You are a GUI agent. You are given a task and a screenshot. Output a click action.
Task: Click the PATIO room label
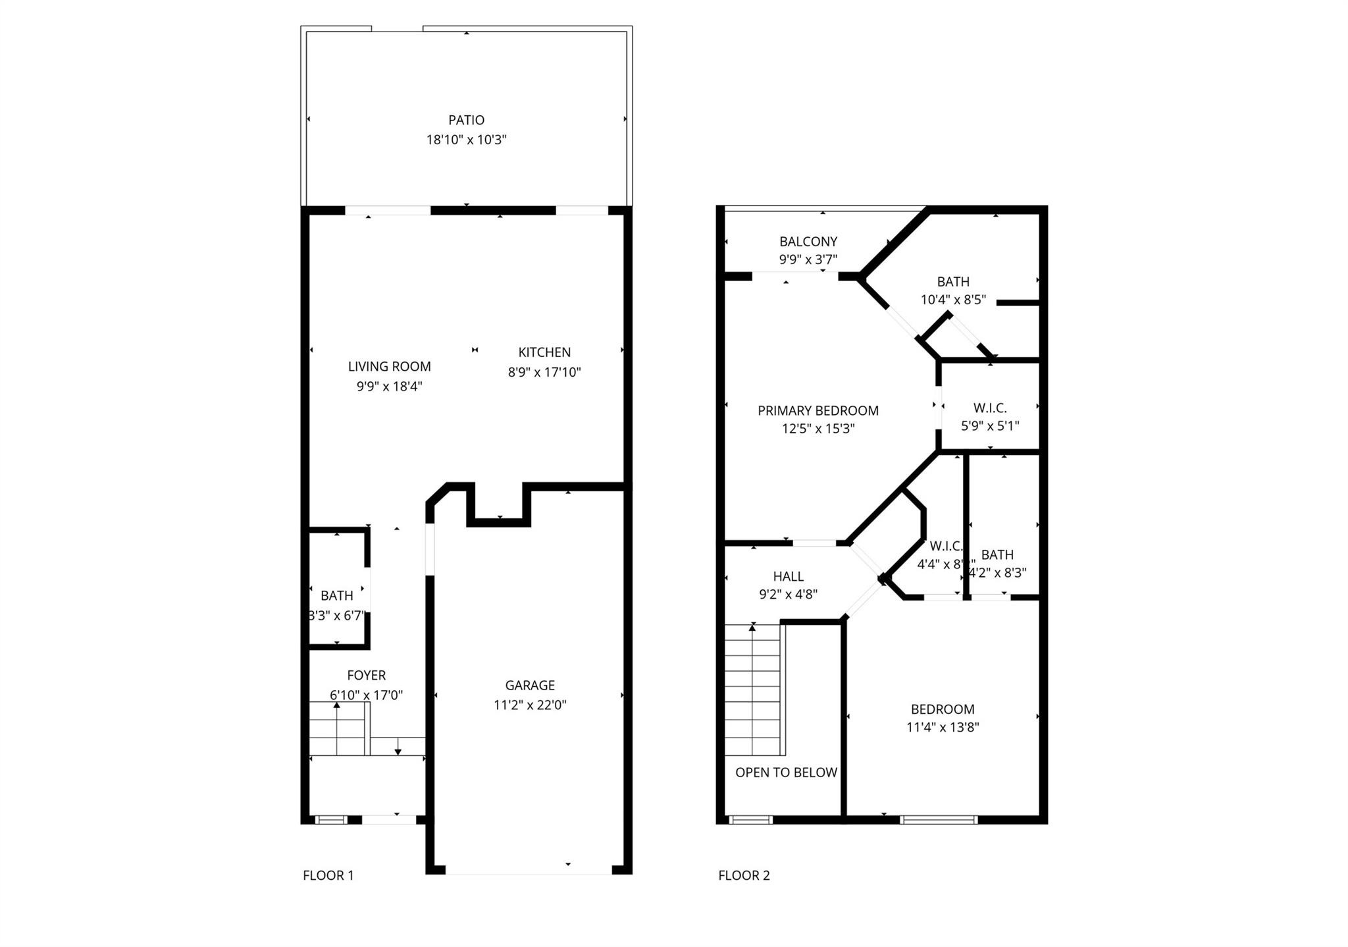coord(466,120)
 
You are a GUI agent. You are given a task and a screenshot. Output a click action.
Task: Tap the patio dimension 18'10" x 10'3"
coord(466,140)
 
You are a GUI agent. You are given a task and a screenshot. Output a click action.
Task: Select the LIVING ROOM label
coord(389,367)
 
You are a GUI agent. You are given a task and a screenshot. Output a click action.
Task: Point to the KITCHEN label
coord(544,352)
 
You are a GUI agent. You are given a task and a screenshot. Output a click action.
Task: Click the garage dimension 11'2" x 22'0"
coord(530,705)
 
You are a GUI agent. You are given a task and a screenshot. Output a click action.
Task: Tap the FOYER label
coord(366,675)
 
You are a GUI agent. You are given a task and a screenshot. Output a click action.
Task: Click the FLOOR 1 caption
coord(328,875)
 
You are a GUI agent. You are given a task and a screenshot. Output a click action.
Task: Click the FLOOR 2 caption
coord(744,875)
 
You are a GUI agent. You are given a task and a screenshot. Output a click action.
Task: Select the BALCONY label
coord(808,242)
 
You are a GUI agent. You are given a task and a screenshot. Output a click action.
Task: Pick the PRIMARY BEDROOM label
coord(817,411)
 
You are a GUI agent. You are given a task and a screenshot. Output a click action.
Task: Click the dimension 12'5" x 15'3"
coord(817,429)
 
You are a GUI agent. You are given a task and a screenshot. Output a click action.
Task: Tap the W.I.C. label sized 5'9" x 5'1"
coord(990,408)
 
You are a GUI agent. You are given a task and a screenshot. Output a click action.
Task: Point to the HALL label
coord(788,577)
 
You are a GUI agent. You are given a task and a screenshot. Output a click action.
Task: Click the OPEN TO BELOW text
coord(786,772)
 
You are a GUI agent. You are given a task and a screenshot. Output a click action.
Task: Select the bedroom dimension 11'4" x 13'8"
coord(942,727)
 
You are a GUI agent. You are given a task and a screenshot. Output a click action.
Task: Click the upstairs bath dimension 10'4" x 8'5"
coord(952,300)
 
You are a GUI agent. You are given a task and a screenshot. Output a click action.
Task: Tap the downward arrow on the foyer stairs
coord(398,751)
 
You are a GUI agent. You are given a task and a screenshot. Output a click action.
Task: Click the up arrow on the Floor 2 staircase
coord(752,629)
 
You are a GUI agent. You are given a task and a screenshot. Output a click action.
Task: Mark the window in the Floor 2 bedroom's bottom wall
coord(938,820)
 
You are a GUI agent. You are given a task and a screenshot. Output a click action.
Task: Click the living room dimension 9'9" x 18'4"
coord(389,386)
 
